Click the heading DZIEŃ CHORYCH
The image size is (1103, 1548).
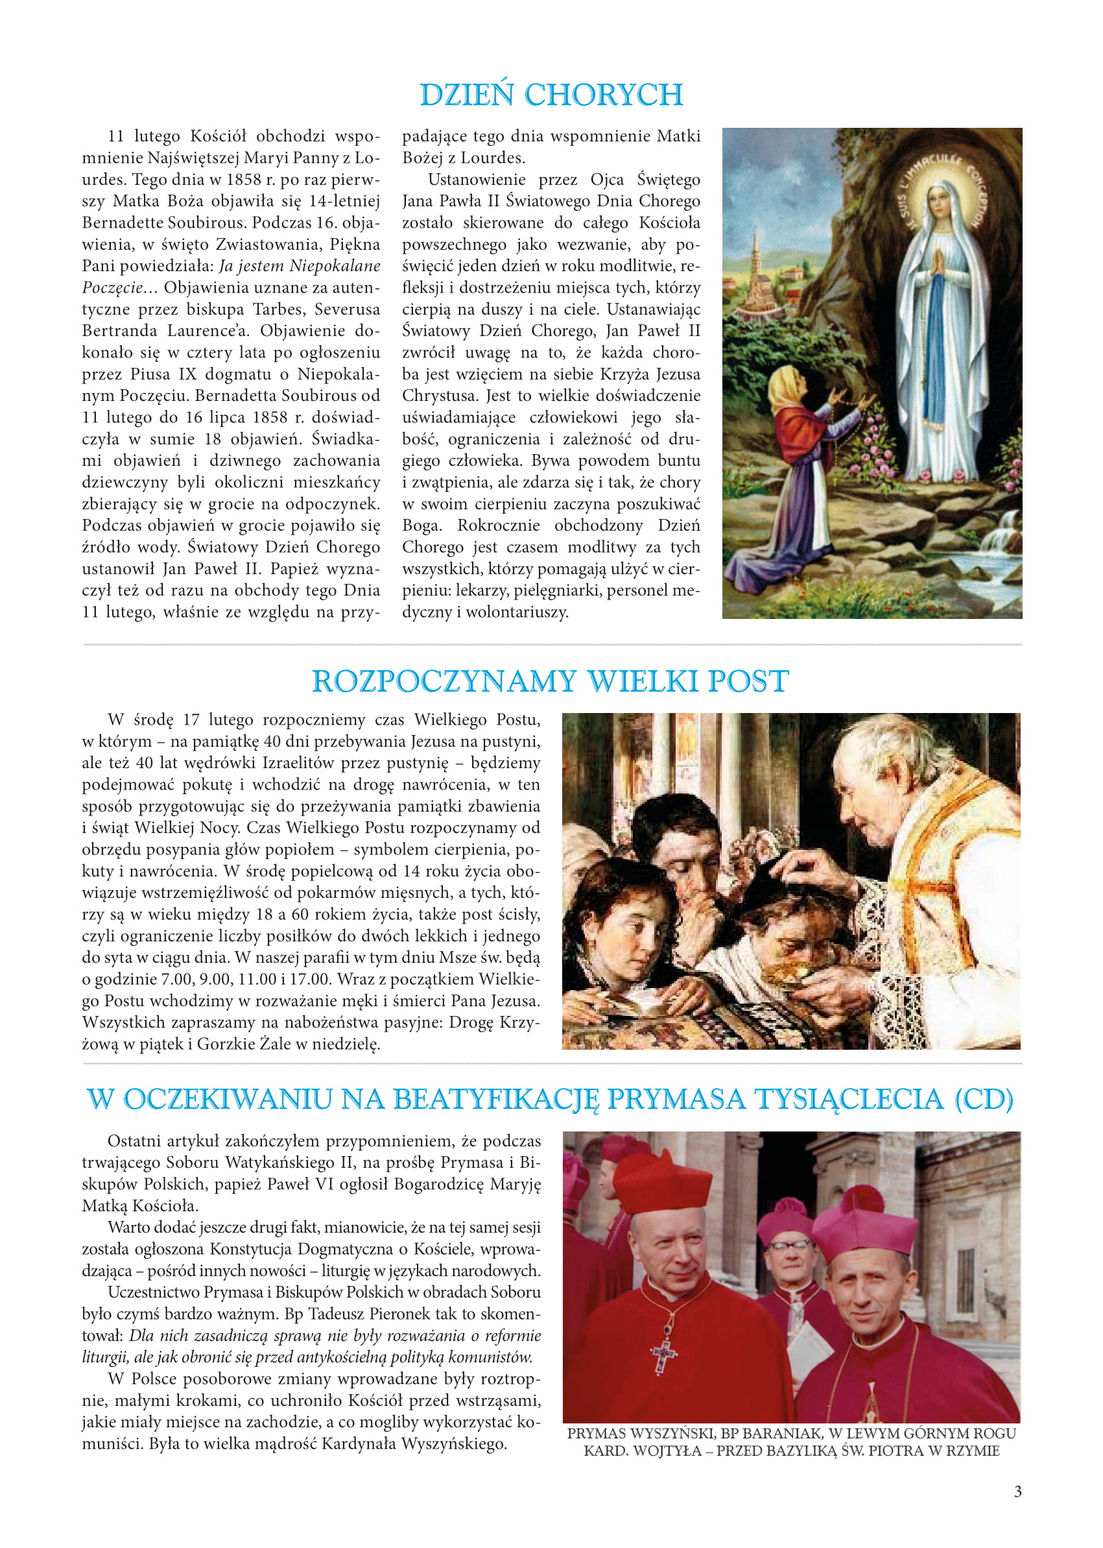pyautogui.click(x=551, y=95)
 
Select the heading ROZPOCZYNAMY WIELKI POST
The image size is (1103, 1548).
pyautogui.click(x=550, y=681)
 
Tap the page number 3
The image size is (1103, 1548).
pyautogui.click(x=1017, y=1492)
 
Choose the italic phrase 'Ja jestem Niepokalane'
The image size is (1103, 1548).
pyautogui.click(x=300, y=266)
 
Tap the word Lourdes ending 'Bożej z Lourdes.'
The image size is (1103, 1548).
pyautogui.click(x=493, y=158)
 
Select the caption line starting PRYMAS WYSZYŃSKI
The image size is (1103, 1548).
pyautogui.click(x=791, y=1433)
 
